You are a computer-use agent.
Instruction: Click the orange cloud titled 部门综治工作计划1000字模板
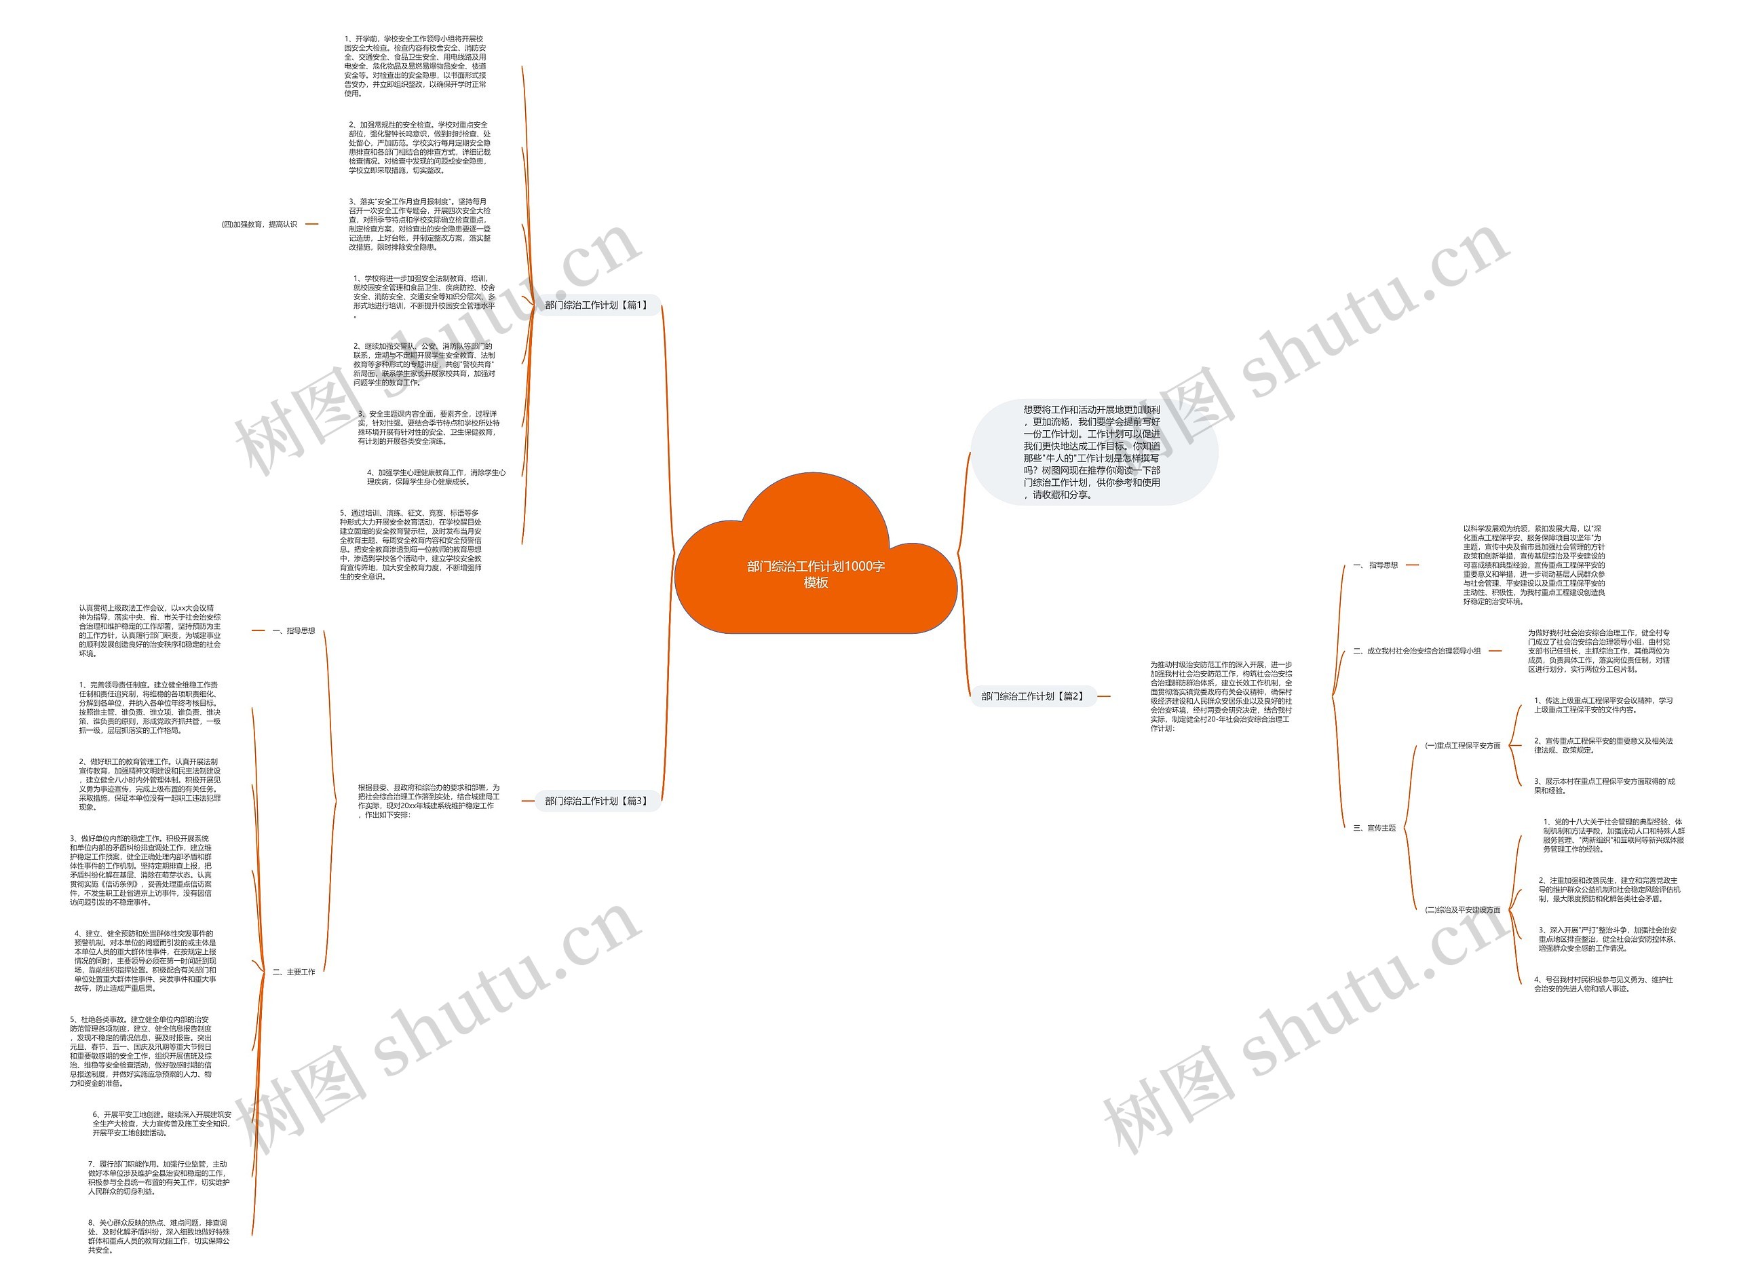pyautogui.click(x=815, y=574)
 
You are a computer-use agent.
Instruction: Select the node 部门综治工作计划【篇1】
pyautogui.click(x=596, y=305)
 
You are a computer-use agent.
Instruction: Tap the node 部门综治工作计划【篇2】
pyautogui.click(x=1032, y=696)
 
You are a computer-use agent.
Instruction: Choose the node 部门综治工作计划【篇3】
pyautogui.click(x=596, y=801)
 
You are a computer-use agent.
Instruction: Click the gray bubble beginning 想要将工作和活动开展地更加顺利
pyautogui.click(x=1092, y=452)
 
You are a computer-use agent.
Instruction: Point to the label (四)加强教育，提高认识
pyautogui.click(x=260, y=225)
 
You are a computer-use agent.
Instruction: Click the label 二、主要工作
pyautogui.click(x=294, y=972)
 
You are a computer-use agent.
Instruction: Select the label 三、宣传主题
pyautogui.click(x=1375, y=828)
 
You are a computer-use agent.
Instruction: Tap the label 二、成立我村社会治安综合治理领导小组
pyautogui.click(x=1417, y=651)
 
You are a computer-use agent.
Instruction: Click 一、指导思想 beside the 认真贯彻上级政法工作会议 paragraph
pyautogui.click(x=294, y=630)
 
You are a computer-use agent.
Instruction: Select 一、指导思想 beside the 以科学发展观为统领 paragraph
pyautogui.click(x=1376, y=565)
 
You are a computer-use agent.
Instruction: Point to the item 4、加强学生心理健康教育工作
pyautogui.click(x=436, y=477)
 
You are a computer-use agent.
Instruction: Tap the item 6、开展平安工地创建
pyautogui.click(x=161, y=1124)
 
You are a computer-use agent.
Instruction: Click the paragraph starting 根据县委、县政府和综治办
pyautogui.click(x=428, y=801)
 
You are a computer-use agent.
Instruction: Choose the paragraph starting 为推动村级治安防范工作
pyautogui.click(x=1221, y=696)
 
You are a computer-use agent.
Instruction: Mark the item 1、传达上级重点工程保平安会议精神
pyautogui.click(x=1603, y=705)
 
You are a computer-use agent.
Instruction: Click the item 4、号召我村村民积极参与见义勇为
pyautogui.click(x=1603, y=984)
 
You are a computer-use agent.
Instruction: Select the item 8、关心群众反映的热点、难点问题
pyautogui.click(x=158, y=1236)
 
